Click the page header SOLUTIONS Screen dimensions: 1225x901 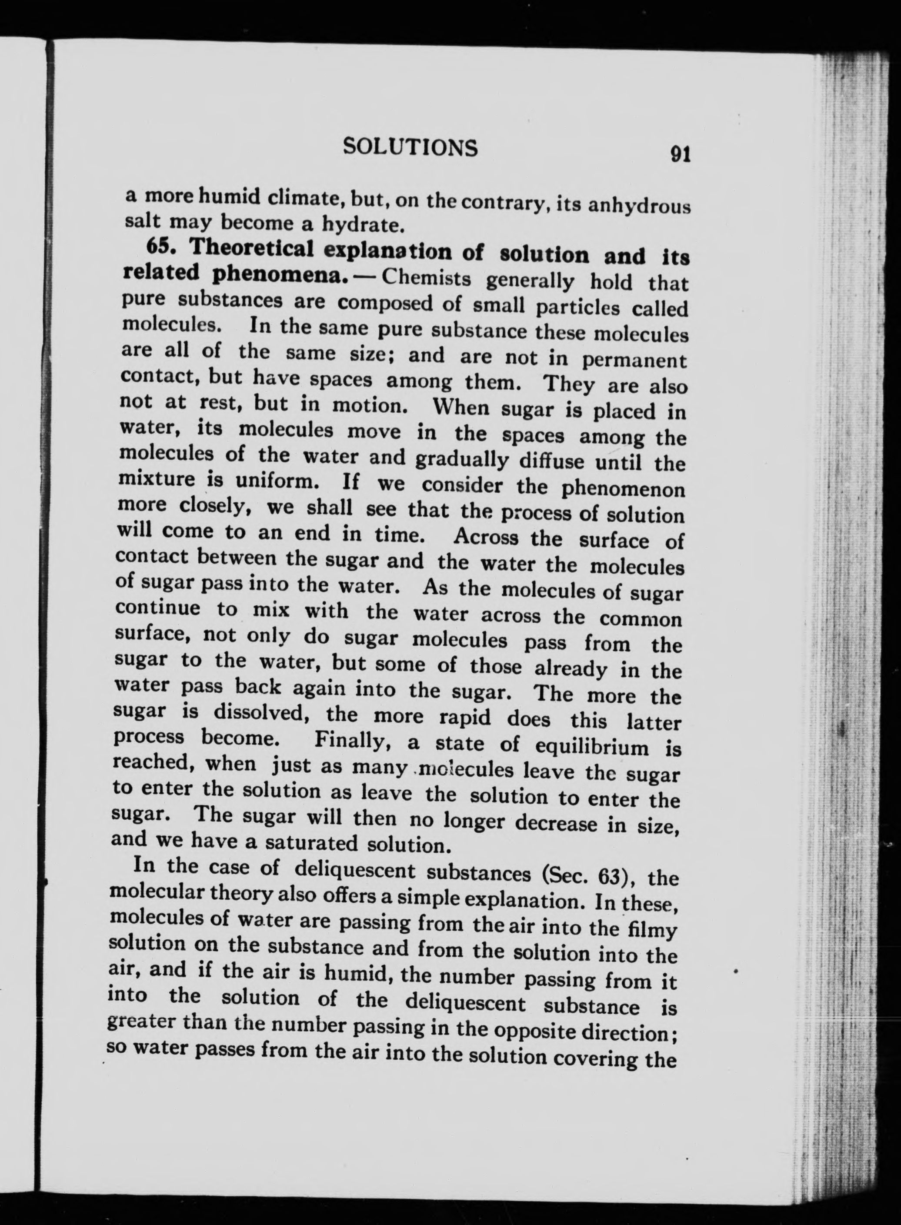tap(410, 147)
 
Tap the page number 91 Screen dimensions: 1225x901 tap(681, 154)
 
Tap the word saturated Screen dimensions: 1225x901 tap(311, 844)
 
